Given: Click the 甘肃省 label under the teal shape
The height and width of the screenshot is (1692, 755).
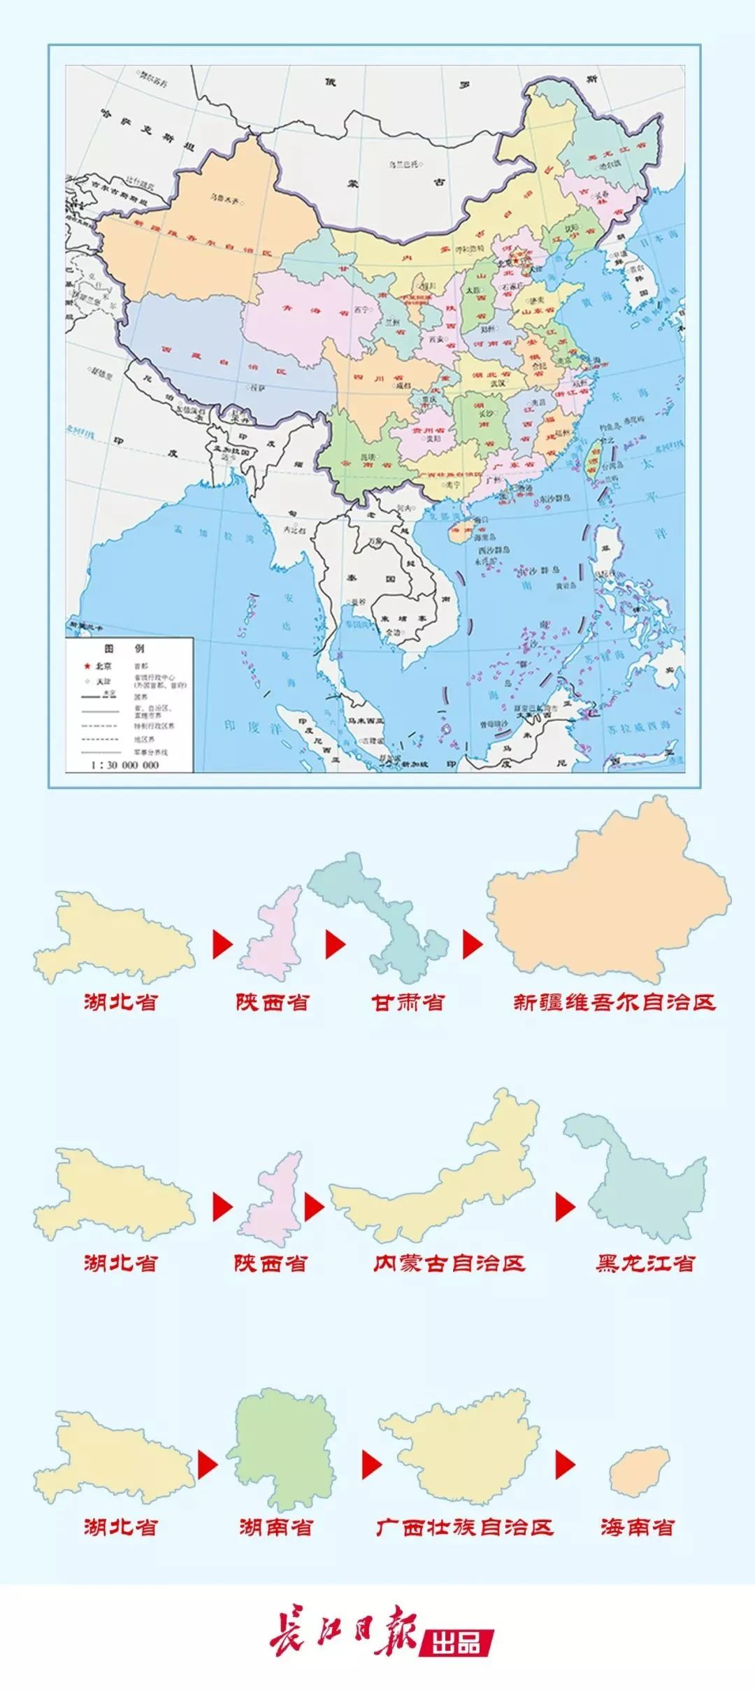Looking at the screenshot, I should [x=408, y=1002].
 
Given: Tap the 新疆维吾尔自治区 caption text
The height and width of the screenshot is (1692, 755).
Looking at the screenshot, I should [x=614, y=1002].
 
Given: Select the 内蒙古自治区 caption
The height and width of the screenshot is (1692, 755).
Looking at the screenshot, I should [x=449, y=1263].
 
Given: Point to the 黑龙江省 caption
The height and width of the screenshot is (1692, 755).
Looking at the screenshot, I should [x=645, y=1263].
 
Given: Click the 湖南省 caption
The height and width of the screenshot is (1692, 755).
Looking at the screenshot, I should [x=275, y=1526].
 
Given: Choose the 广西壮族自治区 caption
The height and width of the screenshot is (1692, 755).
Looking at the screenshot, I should [x=464, y=1526].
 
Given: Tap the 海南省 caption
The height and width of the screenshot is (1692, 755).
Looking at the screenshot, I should [x=637, y=1526].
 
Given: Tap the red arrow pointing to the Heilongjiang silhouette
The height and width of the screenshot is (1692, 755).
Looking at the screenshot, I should [x=565, y=1207].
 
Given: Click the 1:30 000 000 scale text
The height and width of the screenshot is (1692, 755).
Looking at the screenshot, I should [x=125, y=765].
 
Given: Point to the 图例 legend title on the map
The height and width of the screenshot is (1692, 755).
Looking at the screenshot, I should [x=124, y=648].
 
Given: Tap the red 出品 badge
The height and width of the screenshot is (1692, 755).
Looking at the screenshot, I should [x=456, y=1641].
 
